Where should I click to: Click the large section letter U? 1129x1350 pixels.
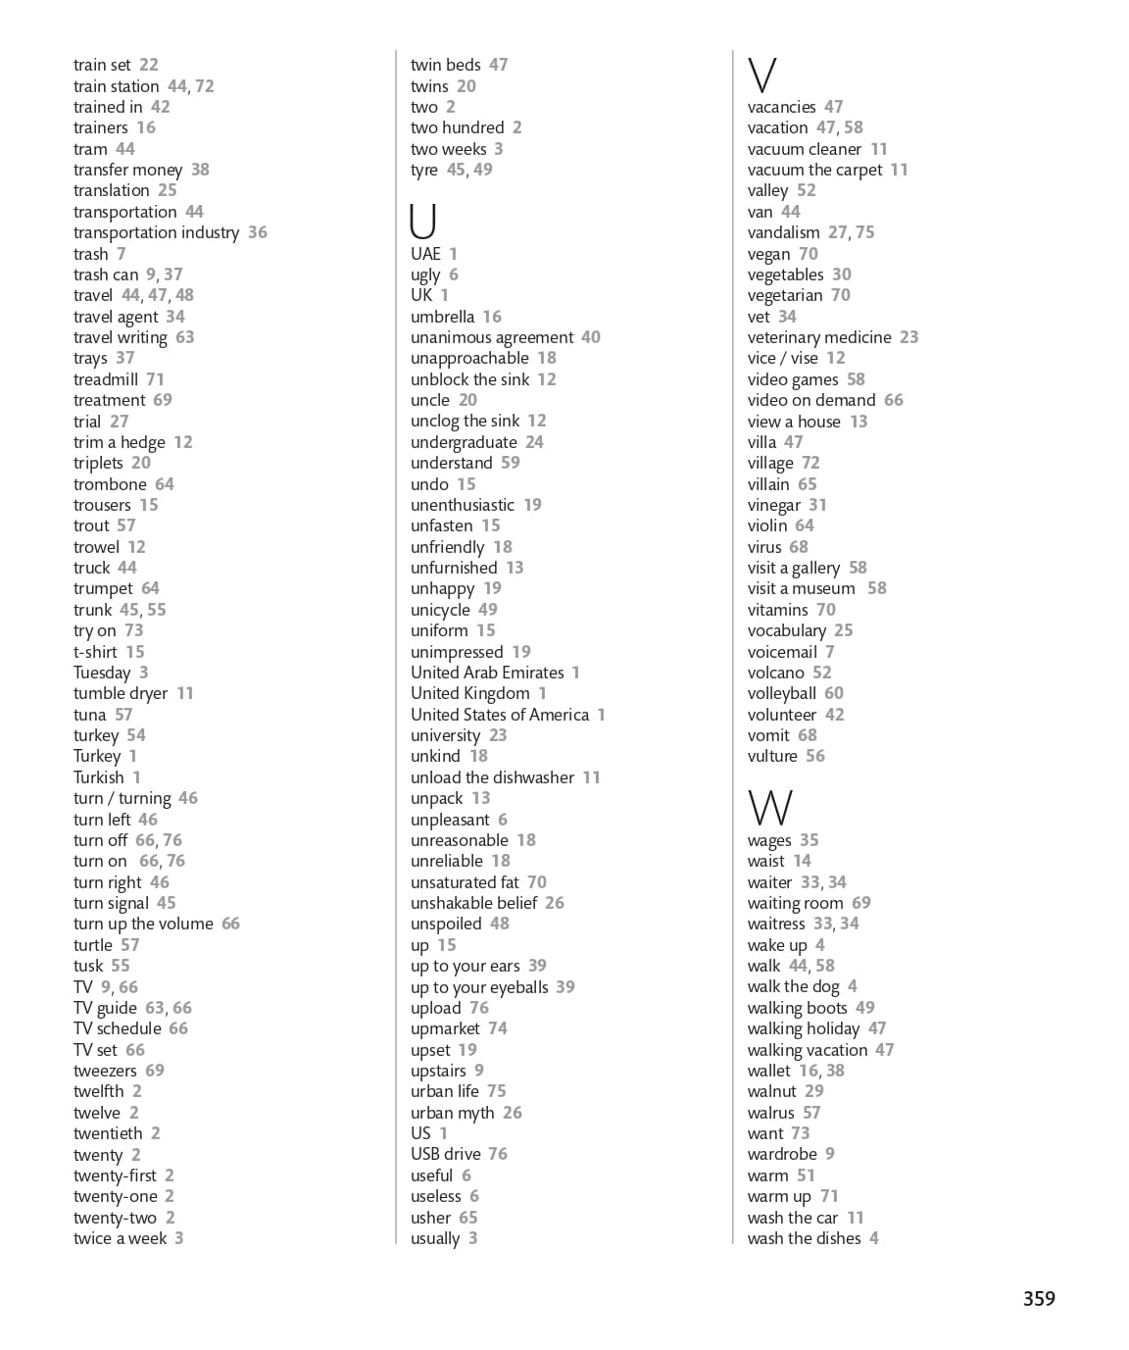(x=422, y=221)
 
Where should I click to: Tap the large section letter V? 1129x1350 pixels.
(x=761, y=75)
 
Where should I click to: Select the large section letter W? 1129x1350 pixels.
(x=769, y=808)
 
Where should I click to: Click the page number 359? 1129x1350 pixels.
(x=1039, y=1298)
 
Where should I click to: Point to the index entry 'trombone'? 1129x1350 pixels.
(x=110, y=484)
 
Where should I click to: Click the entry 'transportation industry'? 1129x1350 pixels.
(x=156, y=232)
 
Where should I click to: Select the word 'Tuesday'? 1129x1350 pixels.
(x=102, y=673)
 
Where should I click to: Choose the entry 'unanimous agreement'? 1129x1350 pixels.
(x=492, y=337)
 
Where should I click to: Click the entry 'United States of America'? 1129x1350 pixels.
(x=500, y=715)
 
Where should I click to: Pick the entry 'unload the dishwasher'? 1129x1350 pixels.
(x=492, y=777)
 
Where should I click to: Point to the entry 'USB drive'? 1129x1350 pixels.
(x=446, y=1154)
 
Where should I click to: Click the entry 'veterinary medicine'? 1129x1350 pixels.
(x=819, y=337)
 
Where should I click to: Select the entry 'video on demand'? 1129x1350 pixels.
(x=811, y=400)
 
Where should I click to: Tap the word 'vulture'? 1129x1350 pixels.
(x=772, y=756)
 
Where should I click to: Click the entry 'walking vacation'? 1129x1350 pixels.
(x=808, y=1050)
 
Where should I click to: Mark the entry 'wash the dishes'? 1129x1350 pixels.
(x=804, y=1238)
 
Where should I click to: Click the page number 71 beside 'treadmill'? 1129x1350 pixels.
(x=155, y=379)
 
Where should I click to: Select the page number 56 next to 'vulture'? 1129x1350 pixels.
(x=815, y=756)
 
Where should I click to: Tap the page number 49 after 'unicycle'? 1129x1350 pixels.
(x=487, y=610)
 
